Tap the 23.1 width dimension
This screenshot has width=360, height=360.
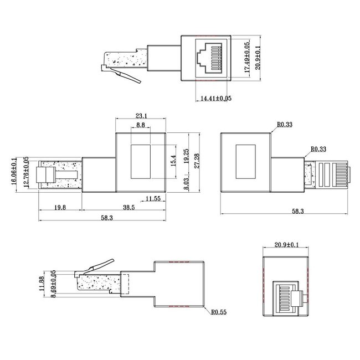(x=141, y=116)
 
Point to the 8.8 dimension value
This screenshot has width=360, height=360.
(x=141, y=126)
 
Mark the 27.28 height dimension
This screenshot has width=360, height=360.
(x=197, y=161)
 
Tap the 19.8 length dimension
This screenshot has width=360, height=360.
(x=60, y=207)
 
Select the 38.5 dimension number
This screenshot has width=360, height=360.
(x=128, y=207)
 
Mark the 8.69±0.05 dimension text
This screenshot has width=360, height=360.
(x=53, y=285)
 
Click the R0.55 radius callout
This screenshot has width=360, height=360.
(x=219, y=312)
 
